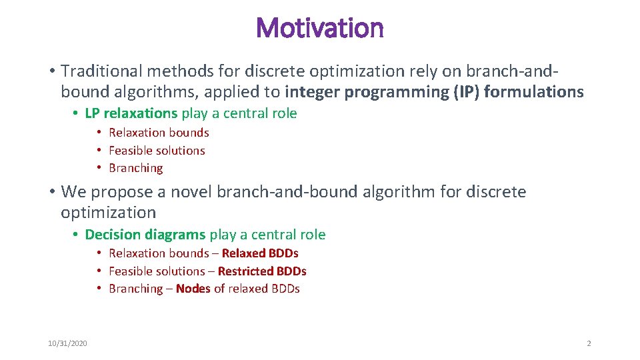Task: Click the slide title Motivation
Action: point(319,28)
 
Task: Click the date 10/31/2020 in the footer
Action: point(67,343)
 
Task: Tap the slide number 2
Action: point(589,343)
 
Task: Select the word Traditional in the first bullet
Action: point(99,70)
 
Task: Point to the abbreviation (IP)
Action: point(466,91)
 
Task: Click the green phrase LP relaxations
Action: point(131,113)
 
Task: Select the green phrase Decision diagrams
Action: point(145,235)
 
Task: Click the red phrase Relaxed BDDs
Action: point(260,253)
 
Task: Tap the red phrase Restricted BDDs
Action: point(262,271)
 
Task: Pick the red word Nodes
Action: point(193,289)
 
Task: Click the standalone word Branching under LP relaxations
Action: point(136,168)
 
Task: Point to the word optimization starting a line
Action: point(108,213)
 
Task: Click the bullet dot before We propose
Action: point(51,193)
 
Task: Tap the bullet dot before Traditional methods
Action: point(51,71)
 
